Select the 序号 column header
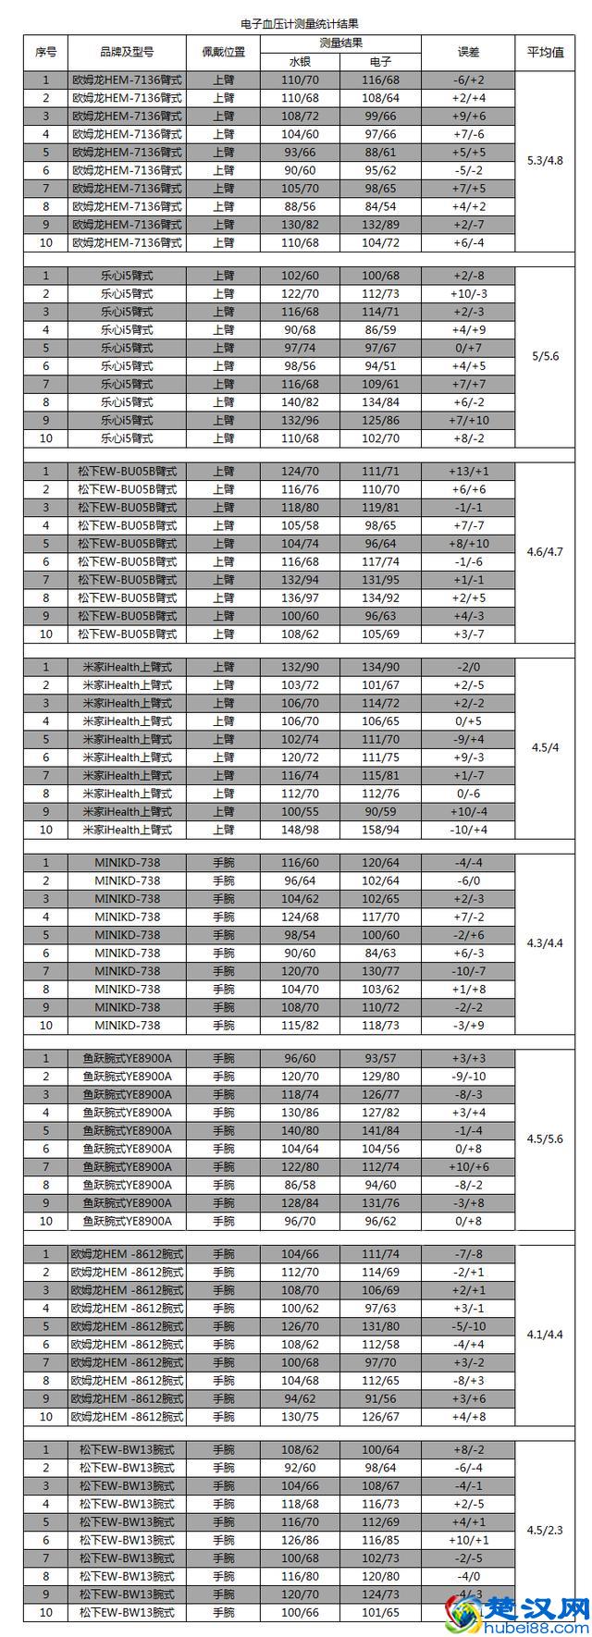tap(46, 53)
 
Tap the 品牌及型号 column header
tap(127, 53)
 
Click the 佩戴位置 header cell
tap(223, 53)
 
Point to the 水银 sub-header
tap(300, 62)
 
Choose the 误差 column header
tap(469, 53)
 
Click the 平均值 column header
tap(545, 53)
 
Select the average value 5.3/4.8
tap(545, 161)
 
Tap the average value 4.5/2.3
tap(545, 1530)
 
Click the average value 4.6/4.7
tap(545, 552)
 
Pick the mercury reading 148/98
tap(300, 830)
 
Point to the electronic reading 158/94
tap(380, 830)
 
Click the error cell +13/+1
tap(469, 472)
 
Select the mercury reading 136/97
tap(300, 598)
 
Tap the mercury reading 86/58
tap(300, 1185)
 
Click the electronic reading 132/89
tap(380, 225)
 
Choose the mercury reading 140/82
tap(300, 402)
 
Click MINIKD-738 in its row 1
tap(127, 863)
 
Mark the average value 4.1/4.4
tap(545, 1335)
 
